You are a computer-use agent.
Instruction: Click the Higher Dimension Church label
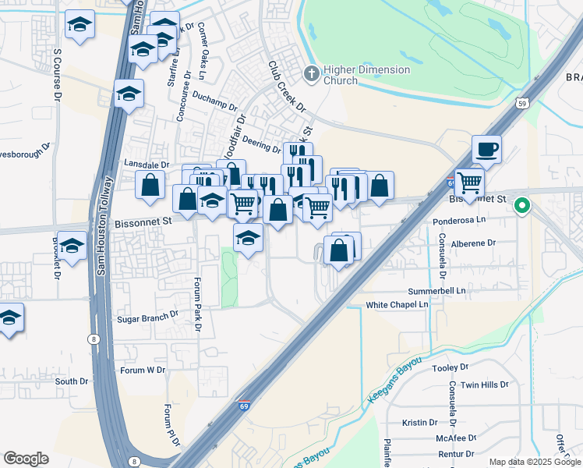coord(346,75)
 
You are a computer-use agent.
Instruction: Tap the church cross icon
coord(312,74)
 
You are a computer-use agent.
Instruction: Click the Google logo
coord(26,459)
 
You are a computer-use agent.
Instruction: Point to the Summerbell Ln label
coord(436,290)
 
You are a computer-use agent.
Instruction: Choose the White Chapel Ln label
coord(397,304)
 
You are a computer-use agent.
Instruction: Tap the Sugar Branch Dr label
coord(147,319)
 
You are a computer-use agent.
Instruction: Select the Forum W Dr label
coord(143,370)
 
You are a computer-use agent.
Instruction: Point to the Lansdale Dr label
coord(147,165)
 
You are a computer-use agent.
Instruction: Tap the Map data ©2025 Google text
coord(534,462)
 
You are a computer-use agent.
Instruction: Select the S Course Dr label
coord(57,76)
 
